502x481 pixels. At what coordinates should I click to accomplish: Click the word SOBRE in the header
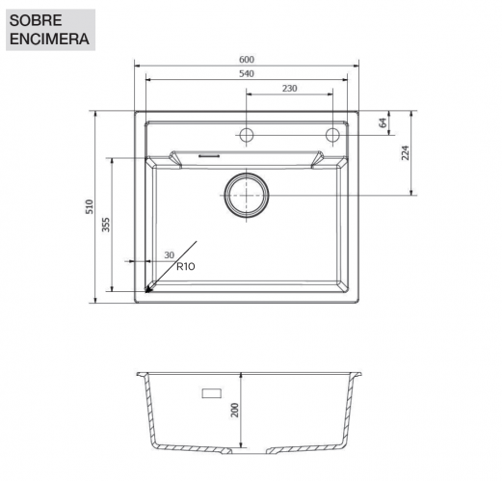[x=36, y=20]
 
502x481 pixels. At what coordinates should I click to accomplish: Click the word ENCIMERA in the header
[x=49, y=40]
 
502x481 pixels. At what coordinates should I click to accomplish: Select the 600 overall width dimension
[x=247, y=60]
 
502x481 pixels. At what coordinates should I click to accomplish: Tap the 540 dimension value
[x=247, y=74]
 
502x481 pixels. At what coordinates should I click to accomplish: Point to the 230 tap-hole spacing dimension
[x=290, y=89]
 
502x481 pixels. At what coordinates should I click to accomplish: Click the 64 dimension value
[x=383, y=122]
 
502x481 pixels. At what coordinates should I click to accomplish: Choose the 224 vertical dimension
[x=406, y=153]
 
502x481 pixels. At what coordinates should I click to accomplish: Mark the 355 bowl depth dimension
[x=106, y=225]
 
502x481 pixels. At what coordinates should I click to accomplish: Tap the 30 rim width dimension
[x=169, y=255]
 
